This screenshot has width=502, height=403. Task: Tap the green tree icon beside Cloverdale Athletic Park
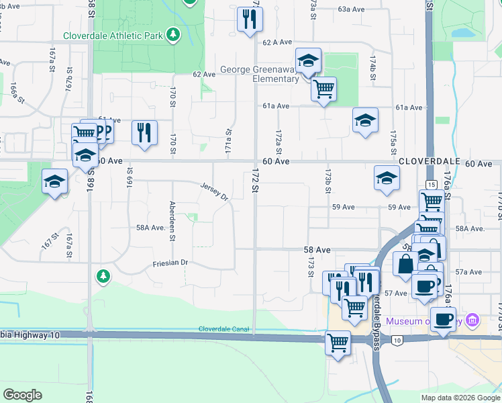(x=173, y=34)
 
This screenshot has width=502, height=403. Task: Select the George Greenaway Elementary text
(x=260, y=74)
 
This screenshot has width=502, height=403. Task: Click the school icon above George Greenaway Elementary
(x=308, y=61)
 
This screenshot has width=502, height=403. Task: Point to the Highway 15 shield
(x=431, y=184)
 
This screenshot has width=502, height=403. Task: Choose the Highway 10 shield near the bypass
(x=397, y=341)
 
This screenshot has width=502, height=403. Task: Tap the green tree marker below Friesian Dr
(x=102, y=275)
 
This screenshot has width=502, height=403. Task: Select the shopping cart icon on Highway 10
(x=338, y=343)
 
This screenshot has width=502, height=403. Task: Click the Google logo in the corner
(x=22, y=395)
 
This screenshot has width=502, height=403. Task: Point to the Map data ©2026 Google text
(x=460, y=398)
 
